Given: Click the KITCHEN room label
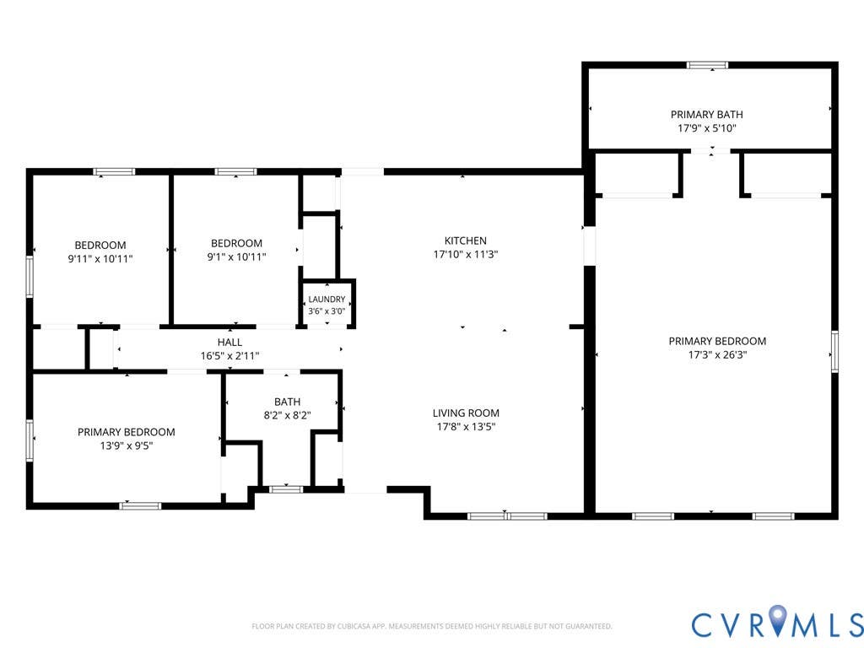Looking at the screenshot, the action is pos(466,240).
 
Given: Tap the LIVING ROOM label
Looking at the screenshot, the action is pos(466,413).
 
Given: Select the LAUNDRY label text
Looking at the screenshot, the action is pos(327,300).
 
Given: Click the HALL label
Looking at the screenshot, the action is pos(229,343).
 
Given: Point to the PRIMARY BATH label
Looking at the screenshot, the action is pos(707,115).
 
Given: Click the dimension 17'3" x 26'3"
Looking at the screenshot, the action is pos(717,355).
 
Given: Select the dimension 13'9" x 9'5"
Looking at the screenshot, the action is pos(127,445).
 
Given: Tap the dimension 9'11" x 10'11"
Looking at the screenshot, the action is pos(100,258).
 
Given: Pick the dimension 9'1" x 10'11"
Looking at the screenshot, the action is pos(236,256).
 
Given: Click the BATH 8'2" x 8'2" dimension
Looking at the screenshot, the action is pos(287,415).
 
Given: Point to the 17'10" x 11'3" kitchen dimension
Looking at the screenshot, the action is pos(466,255).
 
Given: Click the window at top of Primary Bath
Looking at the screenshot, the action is pos(708,65).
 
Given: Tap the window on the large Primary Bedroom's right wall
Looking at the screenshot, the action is pos(834,352).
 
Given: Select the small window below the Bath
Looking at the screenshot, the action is pos(286,489).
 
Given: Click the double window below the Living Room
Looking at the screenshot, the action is pos(507,516).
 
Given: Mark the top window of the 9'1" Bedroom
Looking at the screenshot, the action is pos(236,172).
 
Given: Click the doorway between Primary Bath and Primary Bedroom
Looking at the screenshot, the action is pos(711,151).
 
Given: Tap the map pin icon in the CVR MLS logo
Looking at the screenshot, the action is pos(777,618).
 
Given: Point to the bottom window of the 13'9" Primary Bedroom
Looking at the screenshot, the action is pos(141,506).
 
